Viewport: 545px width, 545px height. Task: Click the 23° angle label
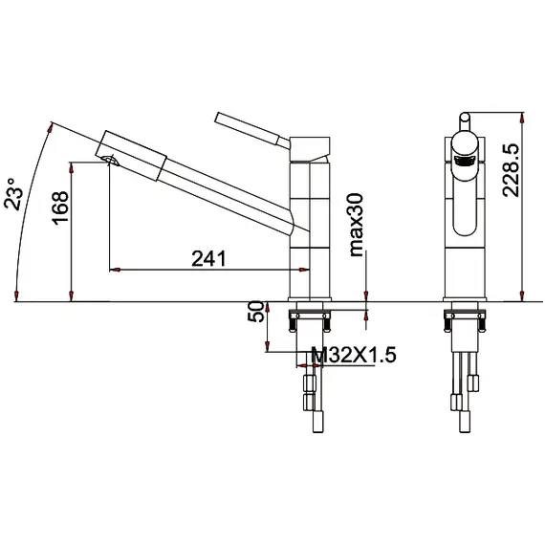[14, 194]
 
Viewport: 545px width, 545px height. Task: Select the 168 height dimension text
[60, 207]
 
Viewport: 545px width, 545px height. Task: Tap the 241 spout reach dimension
[208, 258]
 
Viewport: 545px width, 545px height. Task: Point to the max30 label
[357, 226]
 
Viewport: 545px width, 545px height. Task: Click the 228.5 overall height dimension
[511, 170]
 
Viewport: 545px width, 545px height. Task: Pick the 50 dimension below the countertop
[256, 312]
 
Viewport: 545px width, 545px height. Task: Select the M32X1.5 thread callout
[354, 355]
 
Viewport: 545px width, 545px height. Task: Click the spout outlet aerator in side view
[111, 161]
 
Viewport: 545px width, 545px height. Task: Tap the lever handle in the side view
[251, 129]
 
